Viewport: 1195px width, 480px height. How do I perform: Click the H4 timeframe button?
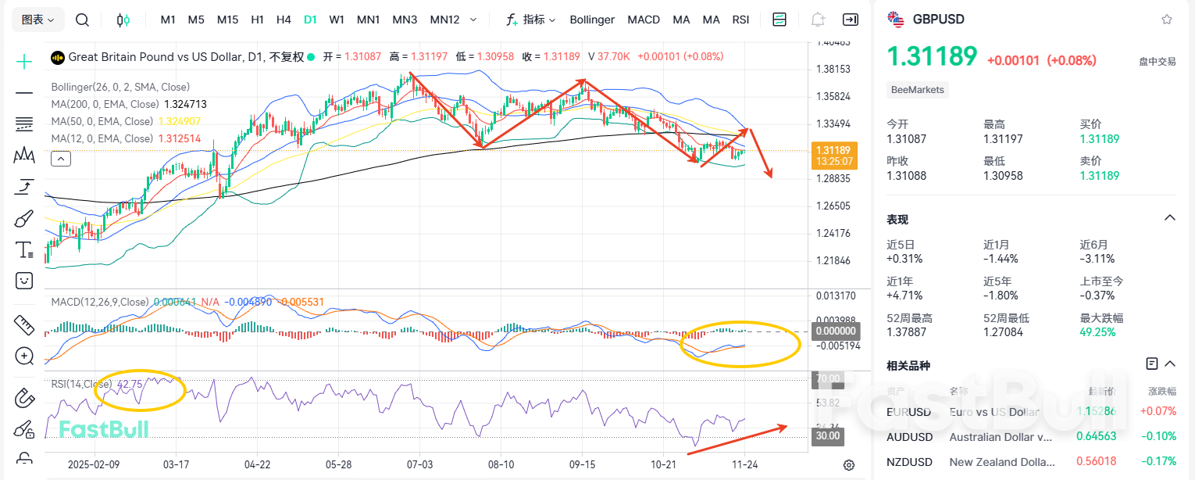[x=284, y=20]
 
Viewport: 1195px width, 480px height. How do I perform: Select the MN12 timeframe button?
[x=444, y=20]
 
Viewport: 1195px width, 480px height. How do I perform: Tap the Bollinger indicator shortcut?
[x=592, y=20]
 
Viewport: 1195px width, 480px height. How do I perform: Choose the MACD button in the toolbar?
[x=644, y=20]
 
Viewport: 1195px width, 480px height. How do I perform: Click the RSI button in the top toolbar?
[x=740, y=20]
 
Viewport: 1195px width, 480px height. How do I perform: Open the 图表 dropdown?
[x=37, y=20]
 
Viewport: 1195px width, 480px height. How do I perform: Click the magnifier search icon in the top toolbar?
[x=82, y=20]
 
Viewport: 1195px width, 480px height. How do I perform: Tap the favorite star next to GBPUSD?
[x=1167, y=20]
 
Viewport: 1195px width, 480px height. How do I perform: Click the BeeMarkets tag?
[x=918, y=90]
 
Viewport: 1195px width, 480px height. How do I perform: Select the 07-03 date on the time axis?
[x=419, y=464]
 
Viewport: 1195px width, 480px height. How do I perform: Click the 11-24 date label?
[x=744, y=464]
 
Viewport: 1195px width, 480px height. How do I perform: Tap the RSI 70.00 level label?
[x=828, y=379]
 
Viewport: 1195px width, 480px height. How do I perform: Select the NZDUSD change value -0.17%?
[x=1161, y=461]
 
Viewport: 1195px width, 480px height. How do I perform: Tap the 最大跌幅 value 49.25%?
[x=1097, y=332]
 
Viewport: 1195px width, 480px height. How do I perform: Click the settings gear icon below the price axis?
[x=849, y=465]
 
